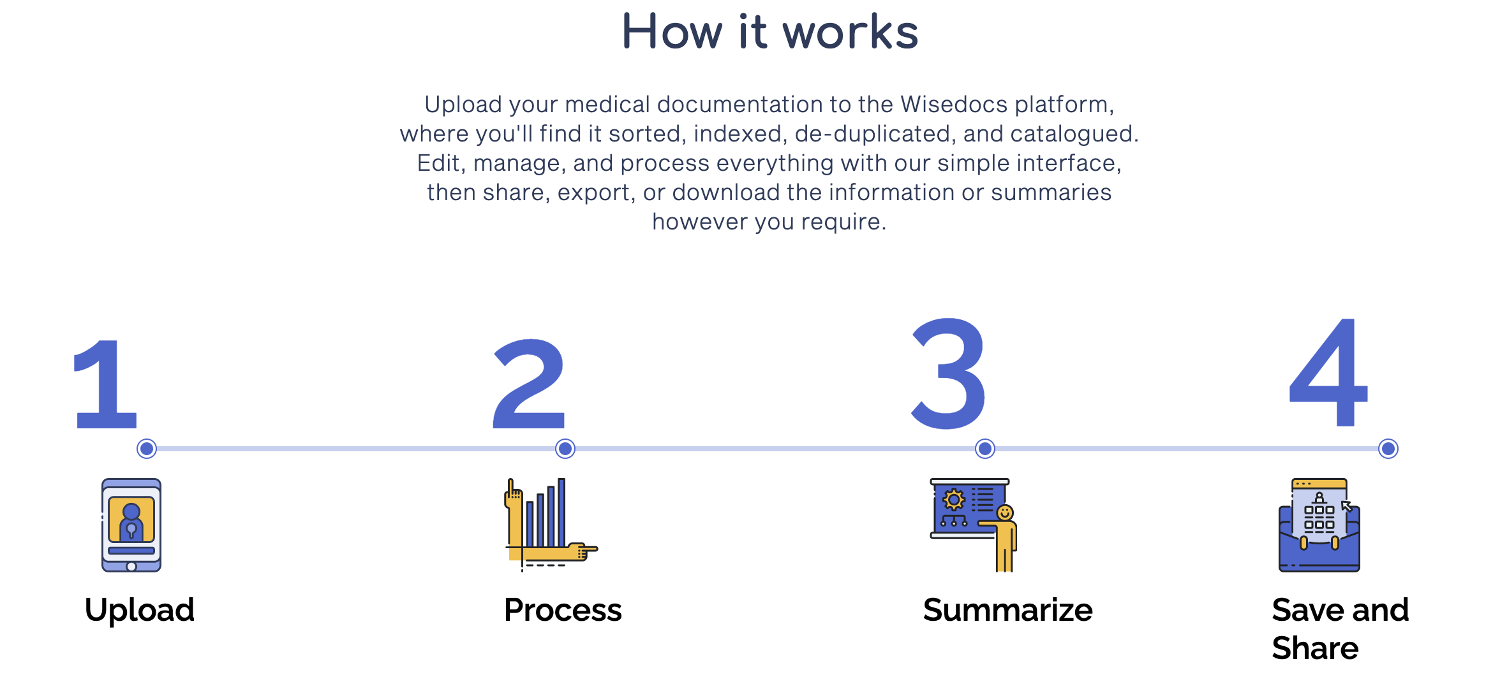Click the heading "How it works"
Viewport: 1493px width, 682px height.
pos(769,32)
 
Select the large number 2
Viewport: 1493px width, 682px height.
pos(530,384)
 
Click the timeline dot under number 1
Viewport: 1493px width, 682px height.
pos(147,449)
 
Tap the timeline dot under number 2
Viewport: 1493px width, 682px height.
pos(565,449)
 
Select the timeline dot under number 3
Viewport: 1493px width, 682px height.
pos(985,449)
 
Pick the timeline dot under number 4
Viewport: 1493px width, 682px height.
pos(1388,449)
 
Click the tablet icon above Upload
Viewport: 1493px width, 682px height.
pos(131,525)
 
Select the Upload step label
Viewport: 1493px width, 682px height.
pos(140,610)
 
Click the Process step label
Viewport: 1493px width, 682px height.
pos(563,610)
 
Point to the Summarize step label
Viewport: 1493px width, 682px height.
pos(1008,610)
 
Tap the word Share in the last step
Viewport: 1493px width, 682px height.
pos(1315,648)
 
